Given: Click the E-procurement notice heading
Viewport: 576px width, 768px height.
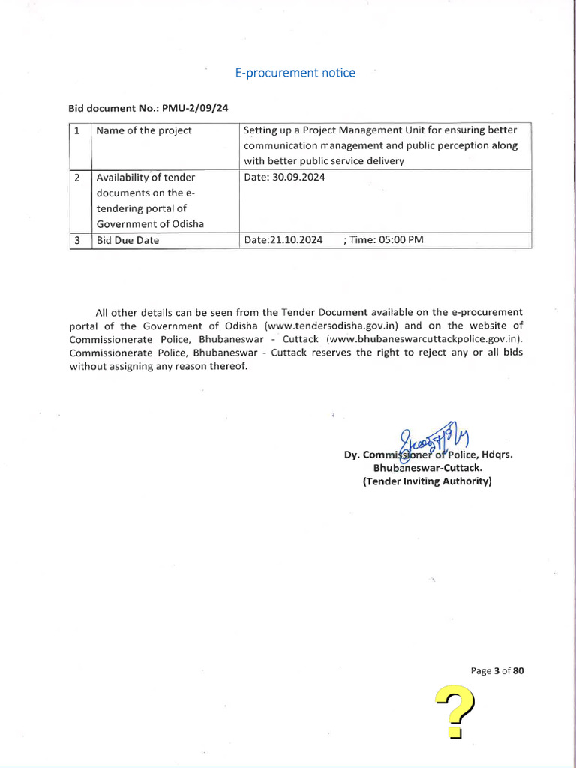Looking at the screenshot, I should (295, 73).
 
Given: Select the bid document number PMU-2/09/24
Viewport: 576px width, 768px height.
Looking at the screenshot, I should (189, 108).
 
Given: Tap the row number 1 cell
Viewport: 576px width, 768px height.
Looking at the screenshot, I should (78, 130).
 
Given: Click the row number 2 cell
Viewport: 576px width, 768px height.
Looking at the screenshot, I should (78, 178).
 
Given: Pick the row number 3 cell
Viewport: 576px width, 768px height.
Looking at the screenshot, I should (78, 240).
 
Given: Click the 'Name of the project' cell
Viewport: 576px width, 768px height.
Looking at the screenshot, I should (144, 130).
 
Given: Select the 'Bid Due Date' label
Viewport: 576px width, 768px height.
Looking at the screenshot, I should (127, 240).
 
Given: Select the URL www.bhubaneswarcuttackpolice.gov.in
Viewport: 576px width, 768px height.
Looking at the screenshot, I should (422, 339).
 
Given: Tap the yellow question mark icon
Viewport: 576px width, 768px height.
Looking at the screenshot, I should (456, 712).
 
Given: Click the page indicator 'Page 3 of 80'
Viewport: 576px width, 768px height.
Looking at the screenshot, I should (496, 671).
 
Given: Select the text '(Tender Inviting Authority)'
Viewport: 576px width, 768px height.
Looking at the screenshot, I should (427, 481).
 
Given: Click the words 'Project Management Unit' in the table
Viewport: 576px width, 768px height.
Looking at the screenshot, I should (349, 130).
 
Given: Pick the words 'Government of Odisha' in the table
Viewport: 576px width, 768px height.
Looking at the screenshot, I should (149, 224).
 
